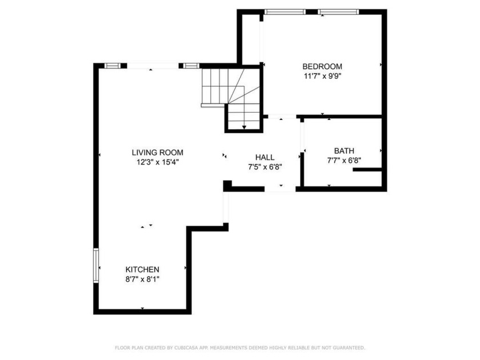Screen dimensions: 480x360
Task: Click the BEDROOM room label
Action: coord(322,66)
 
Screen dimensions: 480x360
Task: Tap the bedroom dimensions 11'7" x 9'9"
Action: coord(322,76)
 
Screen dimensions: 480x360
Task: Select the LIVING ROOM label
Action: coord(157,153)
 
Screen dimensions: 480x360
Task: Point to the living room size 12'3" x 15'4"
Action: coord(157,162)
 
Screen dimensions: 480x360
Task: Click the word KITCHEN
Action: coord(142,269)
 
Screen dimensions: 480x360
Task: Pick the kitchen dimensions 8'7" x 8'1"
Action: coord(142,279)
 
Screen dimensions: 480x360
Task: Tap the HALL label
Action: coord(265,157)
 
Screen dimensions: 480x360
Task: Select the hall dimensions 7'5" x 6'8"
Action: coord(265,167)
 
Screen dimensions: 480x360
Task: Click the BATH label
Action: coord(344,151)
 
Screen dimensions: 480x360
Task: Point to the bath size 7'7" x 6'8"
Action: coord(344,161)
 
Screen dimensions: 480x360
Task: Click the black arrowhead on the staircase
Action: coord(245,127)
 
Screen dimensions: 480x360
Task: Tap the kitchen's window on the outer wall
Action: coord(96,265)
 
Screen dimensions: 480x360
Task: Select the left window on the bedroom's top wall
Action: coord(285,12)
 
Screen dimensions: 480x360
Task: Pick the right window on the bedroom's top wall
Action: coord(338,12)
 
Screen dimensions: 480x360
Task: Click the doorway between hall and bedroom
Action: coord(282,117)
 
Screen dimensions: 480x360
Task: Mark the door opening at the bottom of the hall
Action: coord(280,189)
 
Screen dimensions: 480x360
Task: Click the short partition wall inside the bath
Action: coord(367,170)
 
